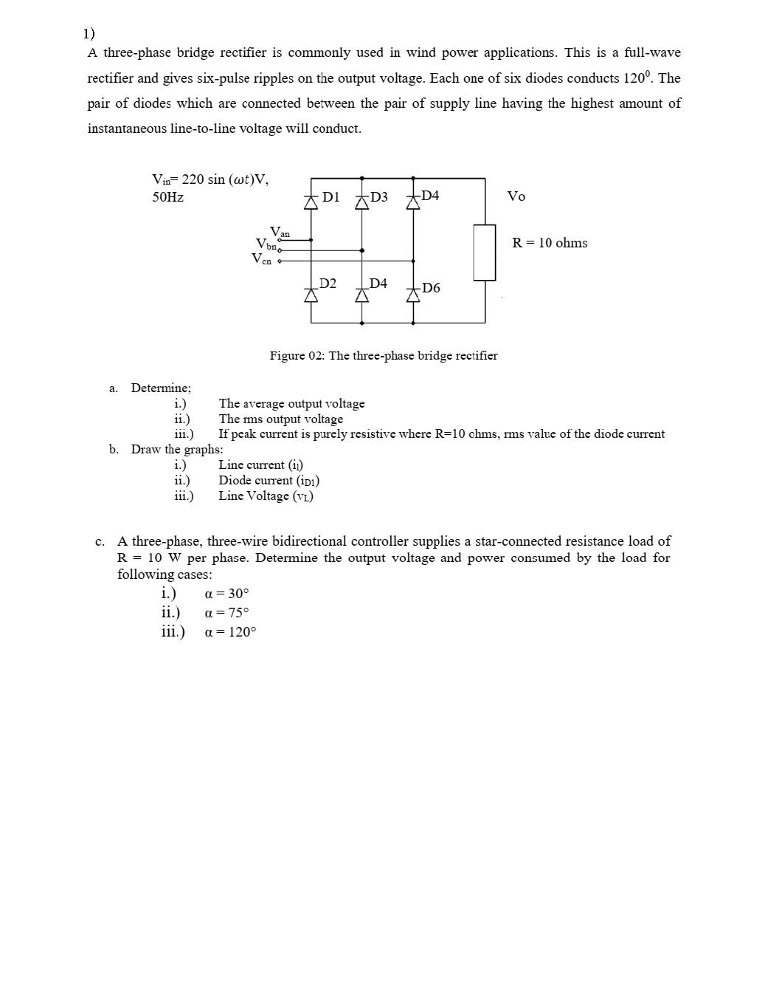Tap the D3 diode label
coord(378,197)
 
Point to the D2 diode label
coord(328,284)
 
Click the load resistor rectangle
coord(485,253)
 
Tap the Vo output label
coord(516,196)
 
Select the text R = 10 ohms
coord(550,243)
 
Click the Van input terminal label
coord(280,232)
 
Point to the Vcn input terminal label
coord(262,258)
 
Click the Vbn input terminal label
coord(266,244)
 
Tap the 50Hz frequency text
coord(168,197)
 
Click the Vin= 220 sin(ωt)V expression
coord(210,179)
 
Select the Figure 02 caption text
coord(384,356)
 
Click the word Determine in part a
coord(161,388)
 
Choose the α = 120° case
coord(231,632)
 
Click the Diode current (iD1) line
coord(269,481)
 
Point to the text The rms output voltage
coord(280,419)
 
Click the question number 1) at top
coord(89,33)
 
